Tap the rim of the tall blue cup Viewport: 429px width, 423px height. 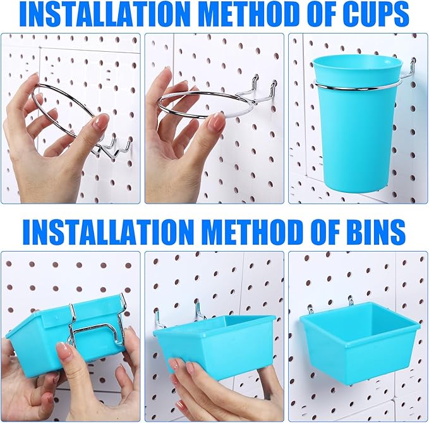click(357, 61)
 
